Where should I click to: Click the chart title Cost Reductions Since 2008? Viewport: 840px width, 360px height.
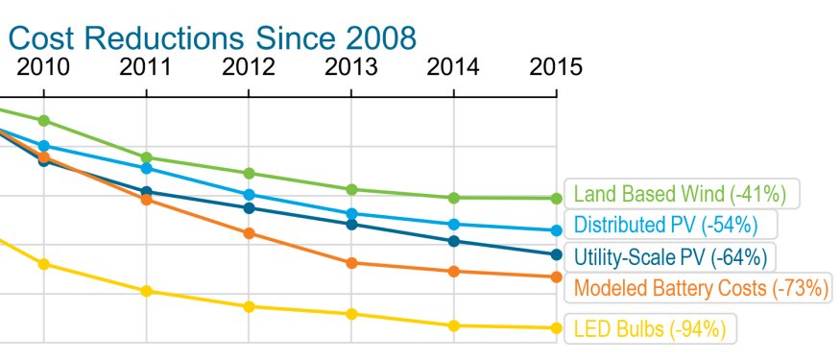(212, 38)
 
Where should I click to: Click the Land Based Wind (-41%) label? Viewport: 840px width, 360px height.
(681, 194)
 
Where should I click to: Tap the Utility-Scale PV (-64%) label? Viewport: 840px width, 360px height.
(670, 256)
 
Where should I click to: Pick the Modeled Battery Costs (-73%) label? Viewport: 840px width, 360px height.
(700, 288)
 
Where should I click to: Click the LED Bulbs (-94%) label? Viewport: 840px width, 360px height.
(648, 329)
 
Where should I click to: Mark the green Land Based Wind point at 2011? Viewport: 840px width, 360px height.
(146, 157)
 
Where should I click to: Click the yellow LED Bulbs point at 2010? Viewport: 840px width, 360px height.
(43, 264)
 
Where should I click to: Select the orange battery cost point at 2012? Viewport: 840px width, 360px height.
(249, 233)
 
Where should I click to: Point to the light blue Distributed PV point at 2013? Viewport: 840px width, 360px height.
(351, 213)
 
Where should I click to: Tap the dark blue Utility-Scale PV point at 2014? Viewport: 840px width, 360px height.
(453, 241)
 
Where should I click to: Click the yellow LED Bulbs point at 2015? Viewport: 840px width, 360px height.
(556, 328)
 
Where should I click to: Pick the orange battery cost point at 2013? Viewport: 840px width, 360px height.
(351, 263)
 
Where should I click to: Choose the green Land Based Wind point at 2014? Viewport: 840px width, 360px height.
(453, 198)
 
